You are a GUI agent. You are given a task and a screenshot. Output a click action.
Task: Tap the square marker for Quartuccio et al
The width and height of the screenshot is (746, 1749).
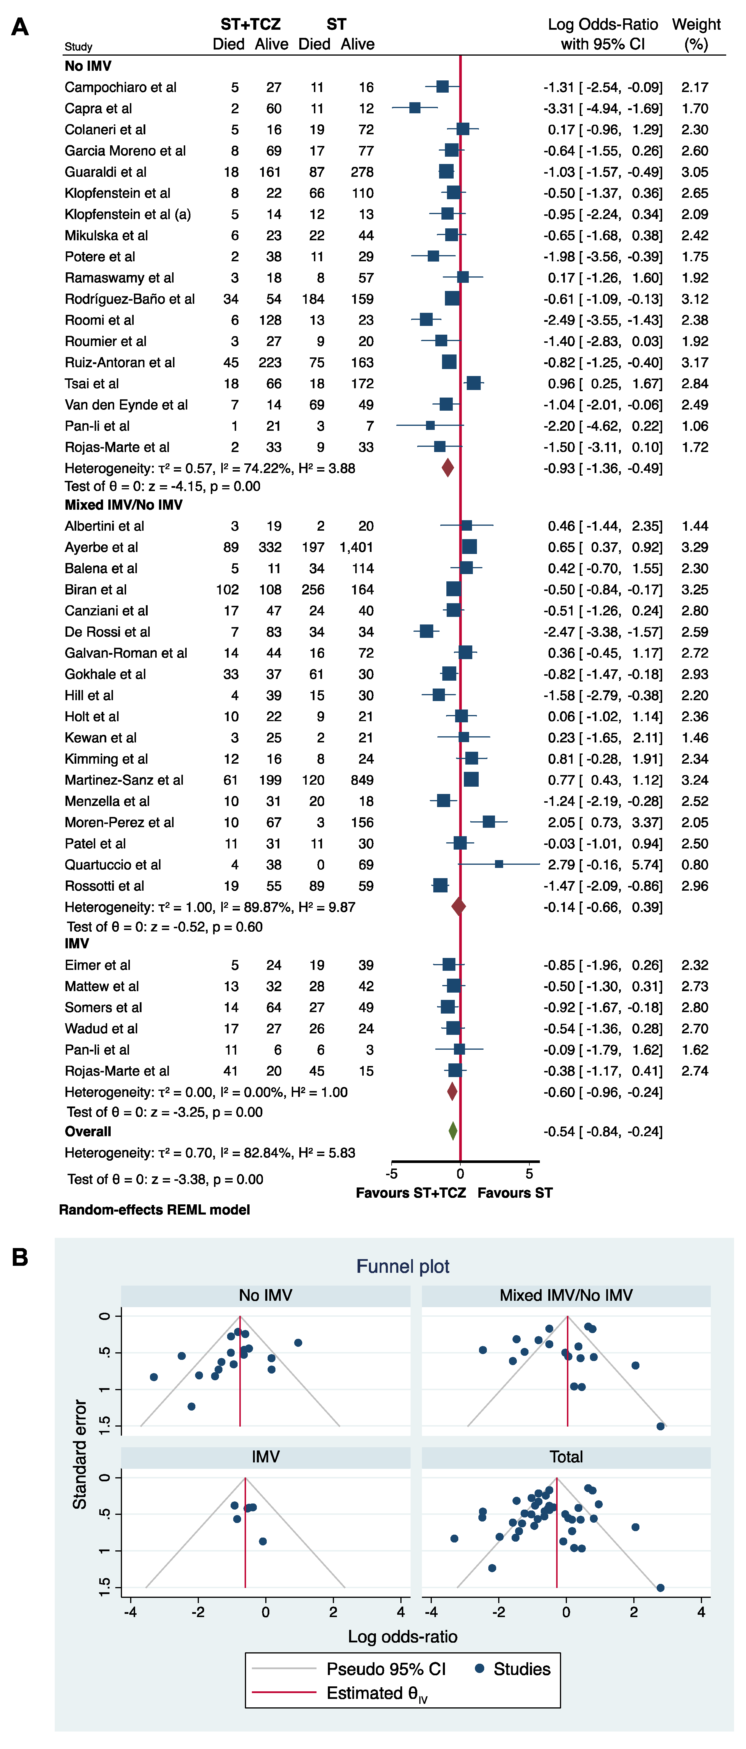click(499, 864)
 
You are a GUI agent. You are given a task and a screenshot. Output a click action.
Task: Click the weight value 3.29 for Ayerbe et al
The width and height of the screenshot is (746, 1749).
click(694, 547)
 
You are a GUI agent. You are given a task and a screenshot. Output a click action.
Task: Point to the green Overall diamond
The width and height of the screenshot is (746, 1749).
click(453, 1131)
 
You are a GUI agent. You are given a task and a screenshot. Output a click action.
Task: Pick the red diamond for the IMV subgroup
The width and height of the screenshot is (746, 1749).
click(452, 1092)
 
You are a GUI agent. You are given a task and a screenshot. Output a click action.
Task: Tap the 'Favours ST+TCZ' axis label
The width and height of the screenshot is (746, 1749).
click(411, 1193)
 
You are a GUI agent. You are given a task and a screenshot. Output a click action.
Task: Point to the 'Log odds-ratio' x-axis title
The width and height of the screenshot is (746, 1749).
click(402, 1636)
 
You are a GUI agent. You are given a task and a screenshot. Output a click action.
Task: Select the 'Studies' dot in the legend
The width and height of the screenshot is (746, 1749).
click(479, 1668)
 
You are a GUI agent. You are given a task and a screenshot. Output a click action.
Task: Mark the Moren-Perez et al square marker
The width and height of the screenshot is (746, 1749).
click(488, 822)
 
